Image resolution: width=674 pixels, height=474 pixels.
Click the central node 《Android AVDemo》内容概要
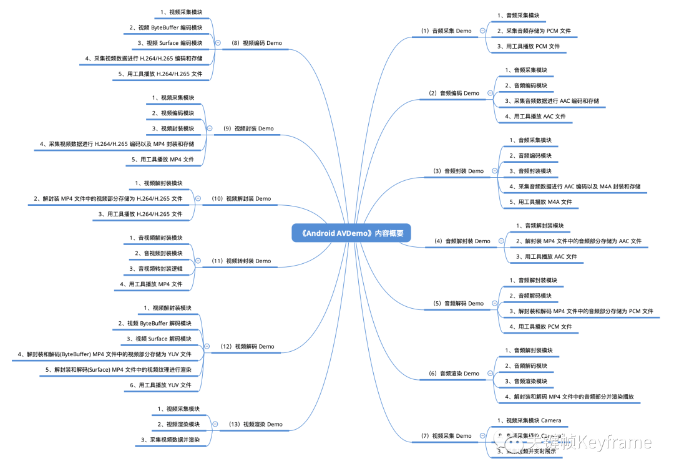[351, 233]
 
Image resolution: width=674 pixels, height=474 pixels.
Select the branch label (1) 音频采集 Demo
[446, 31]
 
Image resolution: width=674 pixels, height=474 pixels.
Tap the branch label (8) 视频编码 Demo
[256, 43]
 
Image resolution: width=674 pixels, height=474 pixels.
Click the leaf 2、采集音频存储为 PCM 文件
[534, 31]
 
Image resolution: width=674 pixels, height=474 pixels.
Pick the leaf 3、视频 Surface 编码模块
[170, 43]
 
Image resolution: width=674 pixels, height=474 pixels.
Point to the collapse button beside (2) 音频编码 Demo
[490, 93]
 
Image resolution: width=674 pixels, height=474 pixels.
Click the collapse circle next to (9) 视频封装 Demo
[210, 128]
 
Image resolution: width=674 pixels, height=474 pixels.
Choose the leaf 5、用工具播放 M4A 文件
[540, 202]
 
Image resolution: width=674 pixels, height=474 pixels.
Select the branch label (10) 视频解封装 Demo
[242, 198]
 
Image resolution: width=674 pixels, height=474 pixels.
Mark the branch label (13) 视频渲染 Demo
[256, 424]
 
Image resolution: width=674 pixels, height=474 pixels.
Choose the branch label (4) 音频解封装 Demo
[462, 241]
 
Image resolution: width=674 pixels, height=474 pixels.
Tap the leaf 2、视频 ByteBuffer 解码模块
[160, 323]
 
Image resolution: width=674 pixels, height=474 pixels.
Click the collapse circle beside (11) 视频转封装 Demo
[198, 261]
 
